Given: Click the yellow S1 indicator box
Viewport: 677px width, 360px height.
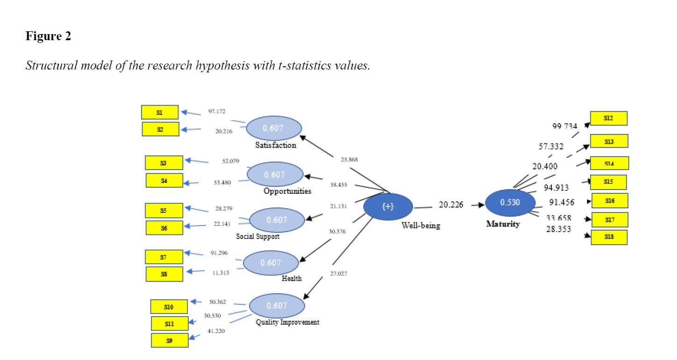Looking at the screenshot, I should [x=160, y=112].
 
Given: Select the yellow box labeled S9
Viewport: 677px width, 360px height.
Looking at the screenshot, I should [x=170, y=340].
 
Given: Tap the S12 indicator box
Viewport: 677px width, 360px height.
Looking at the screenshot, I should [x=609, y=119].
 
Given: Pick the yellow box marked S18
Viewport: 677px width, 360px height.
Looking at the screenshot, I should [x=609, y=237].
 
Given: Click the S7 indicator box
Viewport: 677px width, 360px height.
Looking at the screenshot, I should [x=164, y=257].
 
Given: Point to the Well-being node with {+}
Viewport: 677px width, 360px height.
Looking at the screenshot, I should [x=388, y=207].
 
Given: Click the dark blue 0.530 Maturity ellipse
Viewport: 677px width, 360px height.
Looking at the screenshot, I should [x=510, y=202].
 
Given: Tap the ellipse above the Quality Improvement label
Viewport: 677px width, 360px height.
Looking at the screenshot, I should [x=277, y=305].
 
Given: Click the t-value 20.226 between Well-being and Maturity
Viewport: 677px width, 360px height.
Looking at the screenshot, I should [x=450, y=204].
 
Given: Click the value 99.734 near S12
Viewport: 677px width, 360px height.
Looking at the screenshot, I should [x=564, y=126].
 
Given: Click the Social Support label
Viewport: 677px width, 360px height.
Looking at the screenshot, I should [x=257, y=236].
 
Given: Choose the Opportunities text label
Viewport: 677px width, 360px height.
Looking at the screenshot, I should [x=287, y=191].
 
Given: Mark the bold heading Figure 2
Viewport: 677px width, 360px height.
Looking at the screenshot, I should [x=48, y=36].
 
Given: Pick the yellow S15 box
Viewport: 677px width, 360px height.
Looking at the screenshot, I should [x=608, y=182].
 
